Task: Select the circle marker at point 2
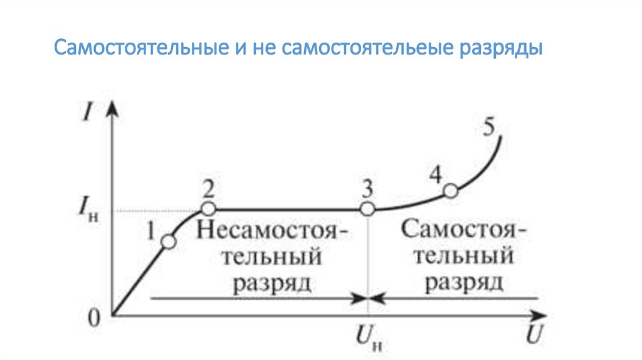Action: pos(208,209)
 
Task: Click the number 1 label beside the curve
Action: pos(150,231)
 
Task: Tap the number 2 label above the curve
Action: pos(209,188)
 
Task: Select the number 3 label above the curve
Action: pos(368,188)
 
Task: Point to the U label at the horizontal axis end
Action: pos(534,334)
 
